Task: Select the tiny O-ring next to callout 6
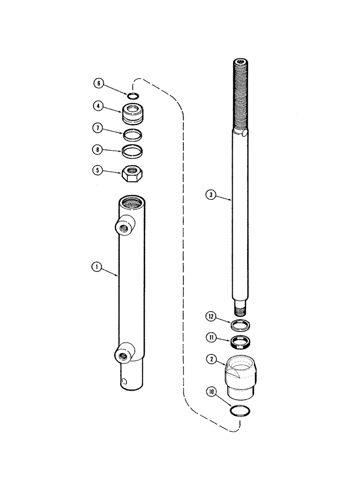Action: point(132,96)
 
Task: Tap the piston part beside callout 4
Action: point(132,115)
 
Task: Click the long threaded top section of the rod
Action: point(241,94)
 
